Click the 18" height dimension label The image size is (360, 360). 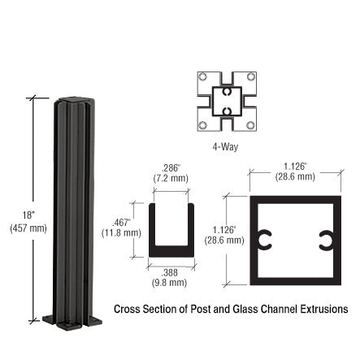pyautogui.click(x=27, y=215)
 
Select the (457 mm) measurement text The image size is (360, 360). pyautogui.click(x=28, y=228)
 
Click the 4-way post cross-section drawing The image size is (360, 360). pyautogui.click(x=227, y=102)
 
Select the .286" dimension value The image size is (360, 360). pyautogui.click(x=171, y=168)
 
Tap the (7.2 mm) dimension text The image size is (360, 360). pyautogui.click(x=171, y=178)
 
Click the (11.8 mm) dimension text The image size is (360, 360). pyautogui.click(x=121, y=233)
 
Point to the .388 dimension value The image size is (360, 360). pyautogui.click(x=170, y=273)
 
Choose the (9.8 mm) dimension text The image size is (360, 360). pyautogui.click(x=170, y=283)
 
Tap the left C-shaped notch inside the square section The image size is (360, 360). pyautogui.click(x=262, y=241)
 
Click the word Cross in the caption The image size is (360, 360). pyautogui.click(x=126, y=310)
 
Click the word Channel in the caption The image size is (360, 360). pyautogui.click(x=271, y=310)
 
